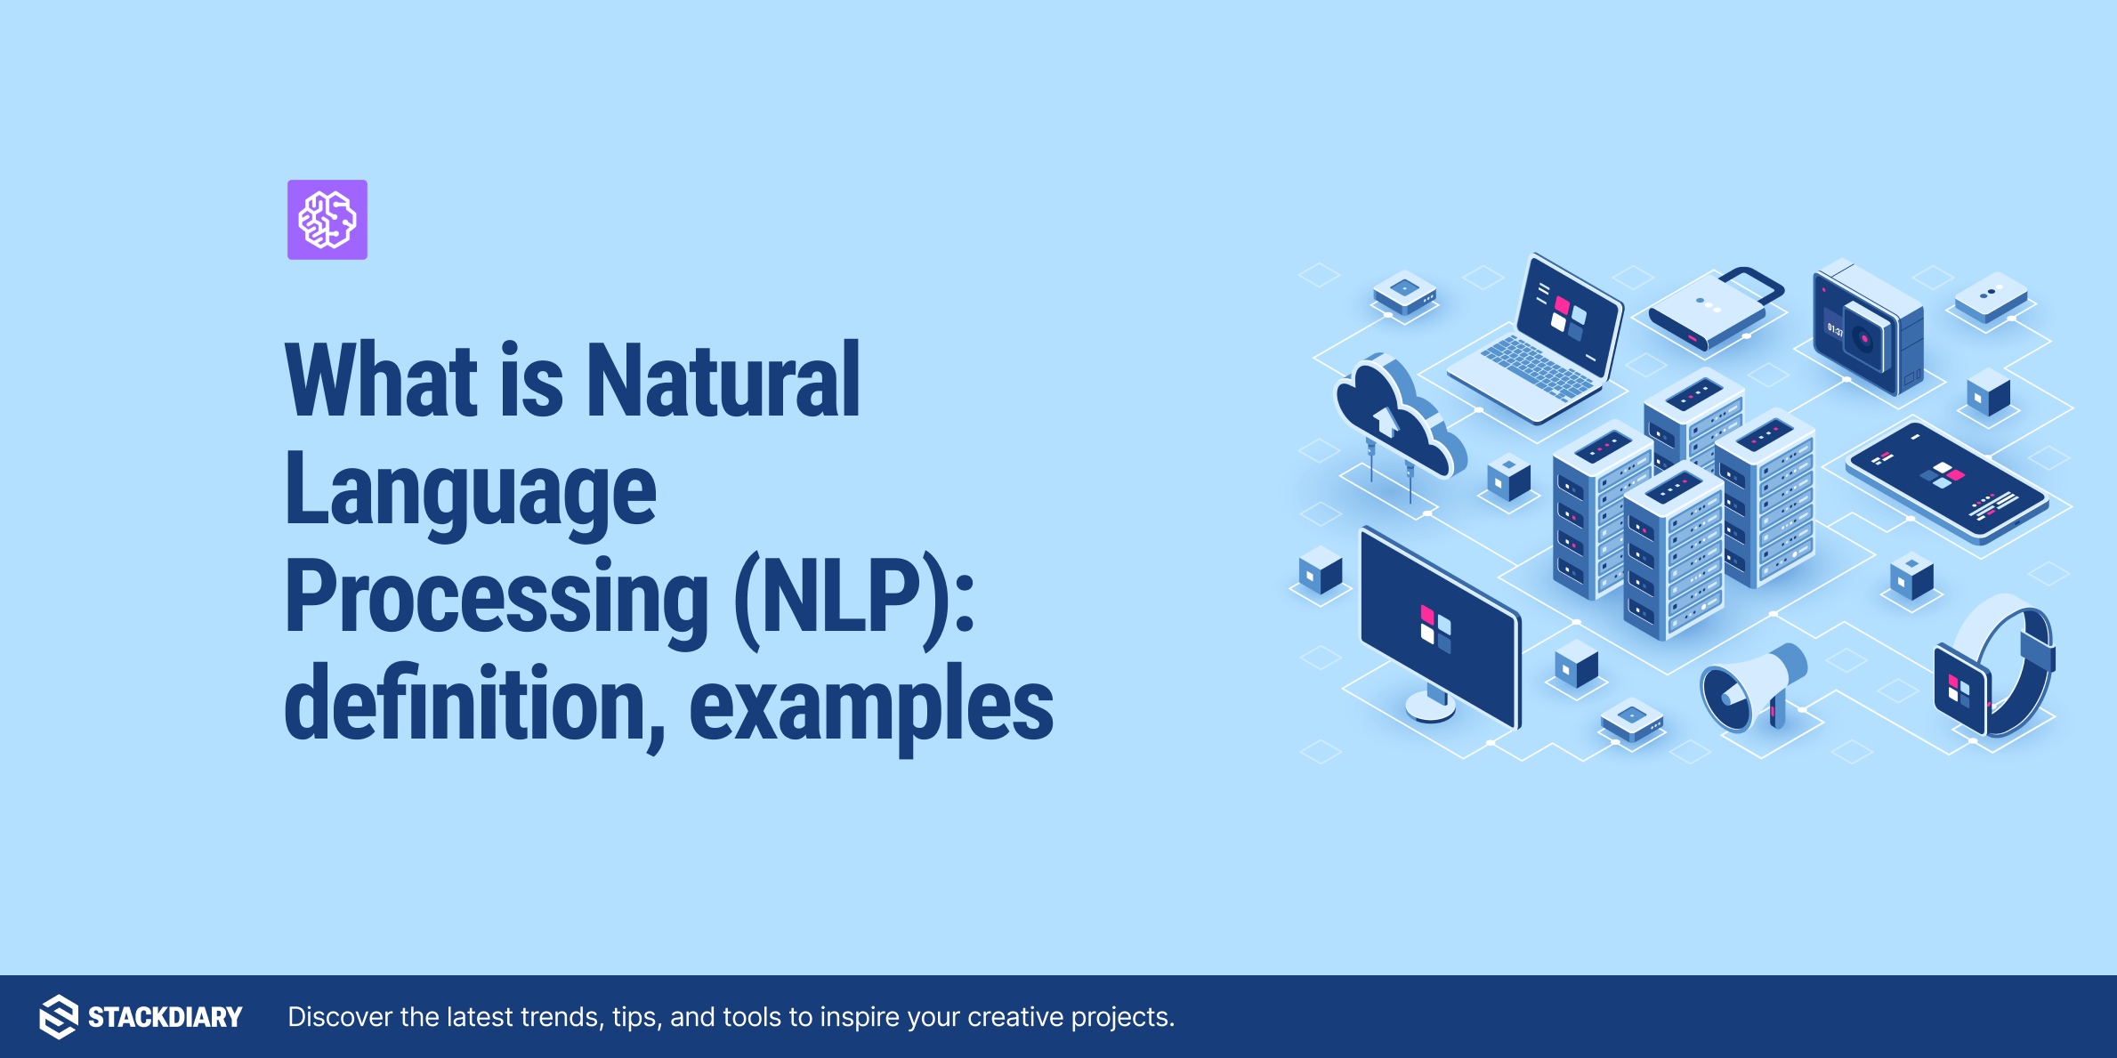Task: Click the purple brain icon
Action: click(x=327, y=220)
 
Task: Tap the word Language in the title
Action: click(x=470, y=490)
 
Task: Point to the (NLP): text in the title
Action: click(x=854, y=597)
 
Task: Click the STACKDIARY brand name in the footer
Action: click(x=165, y=1017)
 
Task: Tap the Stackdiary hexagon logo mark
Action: click(x=59, y=1016)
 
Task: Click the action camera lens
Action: click(x=1863, y=338)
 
